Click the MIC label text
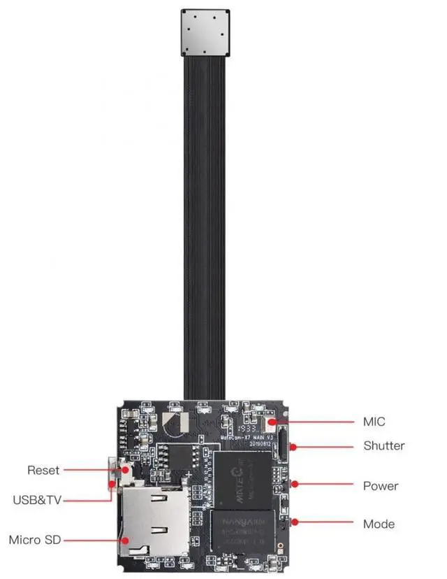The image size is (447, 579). [374, 422]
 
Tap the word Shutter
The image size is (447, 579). [383, 445]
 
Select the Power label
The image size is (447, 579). [381, 485]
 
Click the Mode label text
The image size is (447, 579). [379, 524]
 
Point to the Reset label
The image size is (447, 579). [43, 470]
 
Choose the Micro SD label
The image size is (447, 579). [34, 540]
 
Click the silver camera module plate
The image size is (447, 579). [205, 33]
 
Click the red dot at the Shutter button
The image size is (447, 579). [293, 445]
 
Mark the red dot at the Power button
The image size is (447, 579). [295, 484]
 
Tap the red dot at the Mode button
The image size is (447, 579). [295, 522]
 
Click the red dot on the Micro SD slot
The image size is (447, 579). [125, 540]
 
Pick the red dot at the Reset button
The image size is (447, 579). [124, 471]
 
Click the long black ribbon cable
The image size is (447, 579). [206, 231]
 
